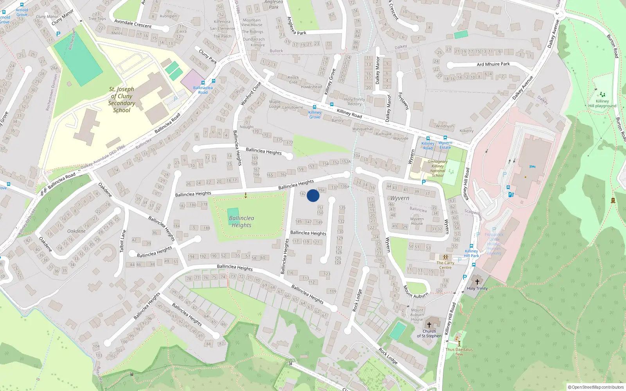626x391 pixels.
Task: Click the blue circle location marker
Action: click(x=313, y=195)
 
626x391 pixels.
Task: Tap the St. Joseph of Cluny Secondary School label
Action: click(x=121, y=100)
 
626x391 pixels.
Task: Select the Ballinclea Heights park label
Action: click(x=241, y=221)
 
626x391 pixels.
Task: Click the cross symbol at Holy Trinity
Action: click(x=477, y=282)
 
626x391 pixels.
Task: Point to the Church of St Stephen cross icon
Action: click(x=429, y=325)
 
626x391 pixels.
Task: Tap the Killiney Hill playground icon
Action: click(x=603, y=95)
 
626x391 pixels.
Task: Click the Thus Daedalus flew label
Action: click(x=459, y=352)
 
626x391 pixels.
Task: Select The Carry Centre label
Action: click(x=445, y=265)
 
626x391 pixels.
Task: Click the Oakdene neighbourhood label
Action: click(x=76, y=231)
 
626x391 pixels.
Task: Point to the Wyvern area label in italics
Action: click(x=399, y=198)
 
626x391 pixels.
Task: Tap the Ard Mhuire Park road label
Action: click(x=493, y=64)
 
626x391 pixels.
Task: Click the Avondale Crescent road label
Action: click(x=133, y=23)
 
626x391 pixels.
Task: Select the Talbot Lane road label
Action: click(x=123, y=241)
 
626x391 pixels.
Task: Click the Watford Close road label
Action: click(x=250, y=93)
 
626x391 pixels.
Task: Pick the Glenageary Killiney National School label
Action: click(x=437, y=169)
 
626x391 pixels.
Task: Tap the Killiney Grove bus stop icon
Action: click(x=314, y=107)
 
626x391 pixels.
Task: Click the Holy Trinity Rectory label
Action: click(x=354, y=102)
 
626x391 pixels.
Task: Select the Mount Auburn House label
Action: click(x=417, y=315)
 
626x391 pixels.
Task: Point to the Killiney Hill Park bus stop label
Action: click(x=471, y=253)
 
